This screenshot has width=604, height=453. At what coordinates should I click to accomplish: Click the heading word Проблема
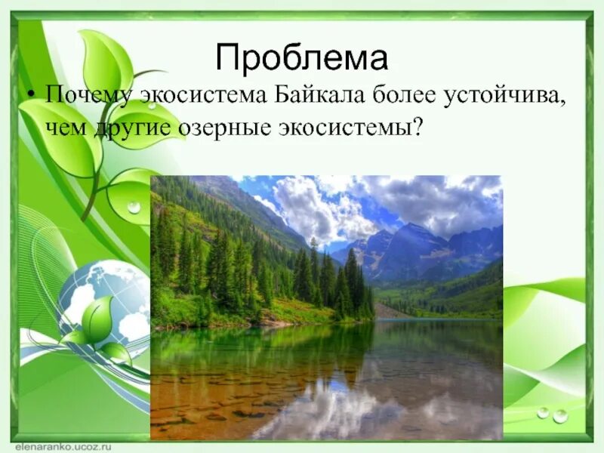[301, 57]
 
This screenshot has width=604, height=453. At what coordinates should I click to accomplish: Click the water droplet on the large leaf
[134, 207]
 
